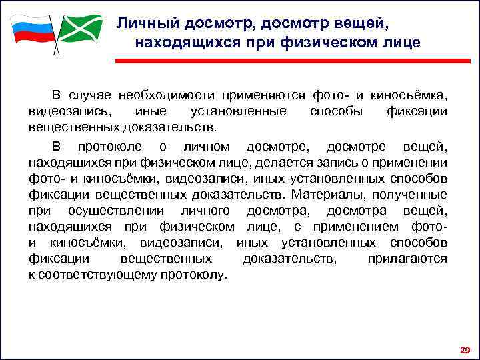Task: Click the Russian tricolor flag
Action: pos(31,29)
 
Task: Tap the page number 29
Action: pos(464,349)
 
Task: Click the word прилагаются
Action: pos(407,258)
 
